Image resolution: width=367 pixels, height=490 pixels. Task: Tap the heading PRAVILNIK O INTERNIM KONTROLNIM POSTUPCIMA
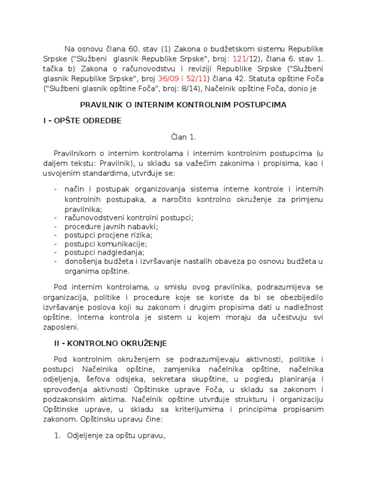tap(183, 105)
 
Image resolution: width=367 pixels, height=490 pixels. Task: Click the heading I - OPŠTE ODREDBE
tap(82, 121)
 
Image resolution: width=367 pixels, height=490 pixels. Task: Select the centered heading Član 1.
tap(183, 137)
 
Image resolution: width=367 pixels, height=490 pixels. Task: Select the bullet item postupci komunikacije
tap(106, 244)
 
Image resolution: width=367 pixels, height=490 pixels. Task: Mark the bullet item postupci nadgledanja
tap(105, 252)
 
